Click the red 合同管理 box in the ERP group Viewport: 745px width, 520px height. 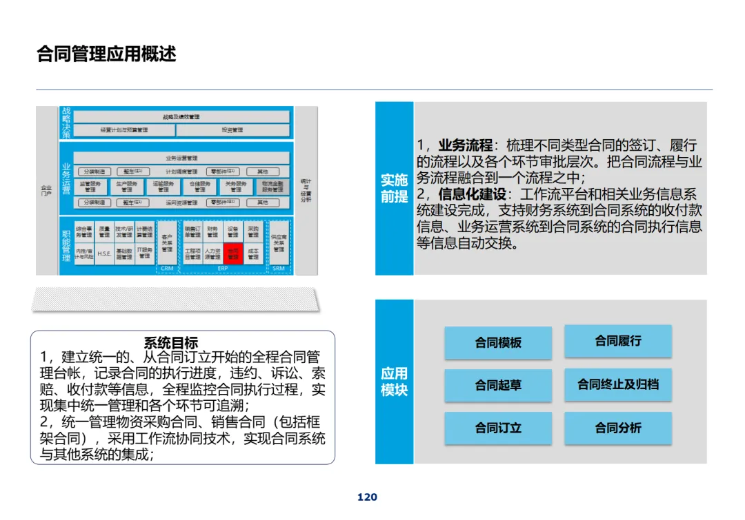point(232,253)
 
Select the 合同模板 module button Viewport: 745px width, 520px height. point(497,342)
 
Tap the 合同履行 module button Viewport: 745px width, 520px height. point(617,341)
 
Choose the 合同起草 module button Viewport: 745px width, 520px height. point(497,385)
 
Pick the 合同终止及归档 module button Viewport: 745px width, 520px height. point(617,384)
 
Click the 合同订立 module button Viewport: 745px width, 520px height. point(497,428)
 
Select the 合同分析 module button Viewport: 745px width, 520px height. point(617,428)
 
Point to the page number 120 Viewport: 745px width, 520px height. point(367,497)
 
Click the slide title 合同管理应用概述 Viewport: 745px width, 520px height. point(106,54)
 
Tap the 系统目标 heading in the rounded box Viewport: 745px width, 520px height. point(170,343)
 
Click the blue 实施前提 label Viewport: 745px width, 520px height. point(394,189)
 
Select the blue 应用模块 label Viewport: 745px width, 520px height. point(394,382)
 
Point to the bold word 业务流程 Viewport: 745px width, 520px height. point(466,145)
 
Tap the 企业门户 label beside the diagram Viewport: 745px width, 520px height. point(47,190)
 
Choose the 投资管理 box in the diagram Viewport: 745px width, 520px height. point(232,130)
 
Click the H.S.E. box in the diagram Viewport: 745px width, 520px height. point(104,253)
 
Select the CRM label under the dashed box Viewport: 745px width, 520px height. point(166,269)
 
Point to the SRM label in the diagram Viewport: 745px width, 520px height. point(278,269)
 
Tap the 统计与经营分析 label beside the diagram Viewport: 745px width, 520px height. point(306,190)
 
